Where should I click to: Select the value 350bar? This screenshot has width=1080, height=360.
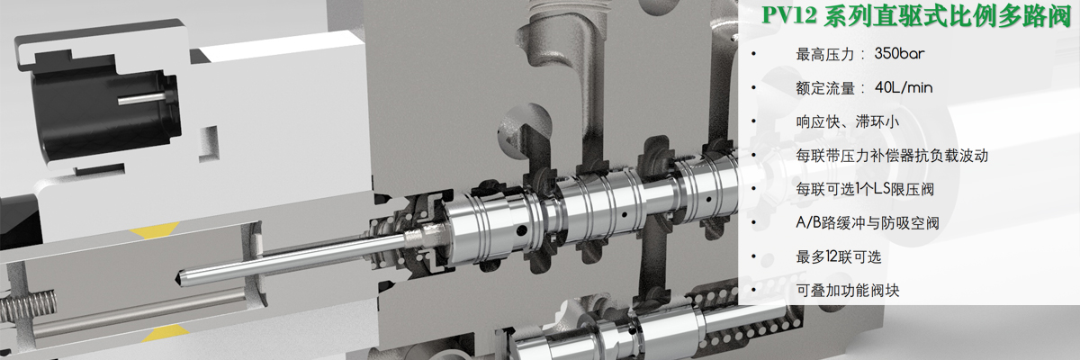(900, 53)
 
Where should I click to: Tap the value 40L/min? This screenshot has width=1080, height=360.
(904, 87)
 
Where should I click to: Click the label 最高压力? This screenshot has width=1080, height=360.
(825, 54)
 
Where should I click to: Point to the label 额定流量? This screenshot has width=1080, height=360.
(825, 88)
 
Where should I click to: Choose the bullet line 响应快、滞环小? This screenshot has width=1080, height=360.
(847, 121)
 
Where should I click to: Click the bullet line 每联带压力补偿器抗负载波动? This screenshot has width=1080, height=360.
(892, 155)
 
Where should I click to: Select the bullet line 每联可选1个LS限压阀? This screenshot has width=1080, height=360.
(865, 189)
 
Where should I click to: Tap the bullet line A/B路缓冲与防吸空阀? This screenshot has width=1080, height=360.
(868, 222)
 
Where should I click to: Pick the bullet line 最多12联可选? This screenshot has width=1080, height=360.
(839, 256)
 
